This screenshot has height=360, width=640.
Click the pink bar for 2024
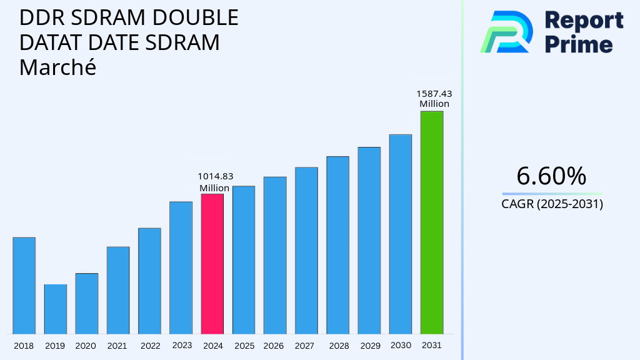[212, 264]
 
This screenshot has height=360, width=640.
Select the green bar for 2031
[431, 222]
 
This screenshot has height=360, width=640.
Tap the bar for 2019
[55, 309]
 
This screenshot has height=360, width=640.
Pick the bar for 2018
[24, 286]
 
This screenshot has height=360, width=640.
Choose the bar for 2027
[306, 250]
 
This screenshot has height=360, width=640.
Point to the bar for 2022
[149, 281]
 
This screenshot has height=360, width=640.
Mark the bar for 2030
[400, 234]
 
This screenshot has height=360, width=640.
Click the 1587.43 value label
[434, 94]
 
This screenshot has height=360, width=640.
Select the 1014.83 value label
[216, 176]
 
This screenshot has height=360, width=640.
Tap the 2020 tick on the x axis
[86, 346]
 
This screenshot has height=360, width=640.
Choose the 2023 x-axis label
[181, 345]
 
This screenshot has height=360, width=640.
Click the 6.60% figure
[551, 176]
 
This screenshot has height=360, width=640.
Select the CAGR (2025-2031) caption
[552, 204]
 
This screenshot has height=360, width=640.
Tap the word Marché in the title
[57, 67]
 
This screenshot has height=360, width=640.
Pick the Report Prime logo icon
[506, 31]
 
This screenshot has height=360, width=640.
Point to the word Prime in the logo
[579, 44]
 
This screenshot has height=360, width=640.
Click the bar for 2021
[118, 290]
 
